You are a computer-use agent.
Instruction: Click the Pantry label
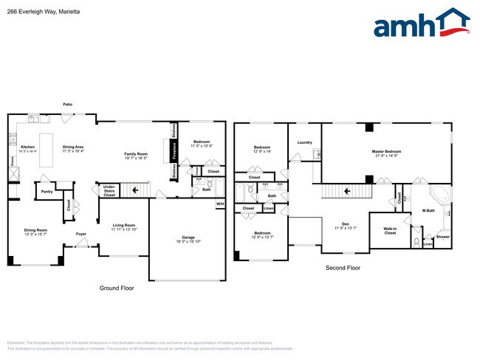[x=47, y=192]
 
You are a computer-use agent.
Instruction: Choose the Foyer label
[x=80, y=234]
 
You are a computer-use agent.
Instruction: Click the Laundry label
[x=304, y=142]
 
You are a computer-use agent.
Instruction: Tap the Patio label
[x=67, y=105]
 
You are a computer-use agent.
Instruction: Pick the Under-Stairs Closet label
[x=109, y=191]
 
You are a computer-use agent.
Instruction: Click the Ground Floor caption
[x=115, y=288]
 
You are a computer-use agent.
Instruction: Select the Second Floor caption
[x=343, y=268]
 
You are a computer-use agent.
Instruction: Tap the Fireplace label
[x=174, y=150]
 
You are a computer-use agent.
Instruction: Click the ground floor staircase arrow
[x=135, y=190]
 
